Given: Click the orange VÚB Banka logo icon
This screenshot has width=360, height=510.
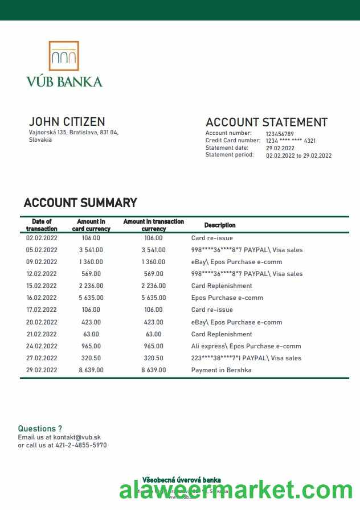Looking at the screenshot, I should (64, 56).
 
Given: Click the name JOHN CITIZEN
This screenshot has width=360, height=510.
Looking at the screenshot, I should (67, 122).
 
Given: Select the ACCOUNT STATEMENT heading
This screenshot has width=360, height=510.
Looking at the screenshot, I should (266, 122).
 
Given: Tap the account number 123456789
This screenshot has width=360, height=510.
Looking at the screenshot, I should (280, 134).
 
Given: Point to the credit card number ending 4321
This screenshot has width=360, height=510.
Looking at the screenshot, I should (291, 141).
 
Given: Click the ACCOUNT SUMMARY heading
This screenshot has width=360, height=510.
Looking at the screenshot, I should (80, 203).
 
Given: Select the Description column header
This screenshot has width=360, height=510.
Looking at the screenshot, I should (220, 225).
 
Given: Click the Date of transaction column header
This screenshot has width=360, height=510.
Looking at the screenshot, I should (42, 225).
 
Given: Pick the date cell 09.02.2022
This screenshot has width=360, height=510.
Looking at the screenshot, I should (42, 262).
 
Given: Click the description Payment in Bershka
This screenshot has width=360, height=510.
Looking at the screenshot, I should (221, 371).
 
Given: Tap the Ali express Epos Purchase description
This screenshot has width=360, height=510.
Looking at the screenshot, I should (246, 347).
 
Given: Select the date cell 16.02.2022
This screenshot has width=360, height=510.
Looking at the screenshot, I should (42, 298).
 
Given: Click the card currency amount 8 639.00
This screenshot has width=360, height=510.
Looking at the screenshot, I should (91, 371).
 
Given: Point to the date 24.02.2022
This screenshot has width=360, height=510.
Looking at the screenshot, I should (42, 347).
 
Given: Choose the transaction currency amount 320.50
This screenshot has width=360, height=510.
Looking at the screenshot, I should (153, 359).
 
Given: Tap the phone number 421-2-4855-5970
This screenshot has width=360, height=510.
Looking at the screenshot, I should (81, 445).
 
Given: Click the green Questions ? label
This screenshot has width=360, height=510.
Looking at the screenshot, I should (40, 429).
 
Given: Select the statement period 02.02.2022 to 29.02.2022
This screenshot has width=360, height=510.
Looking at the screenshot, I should (298, 155).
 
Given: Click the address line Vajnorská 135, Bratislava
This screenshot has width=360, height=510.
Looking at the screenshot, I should (73, 132).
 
